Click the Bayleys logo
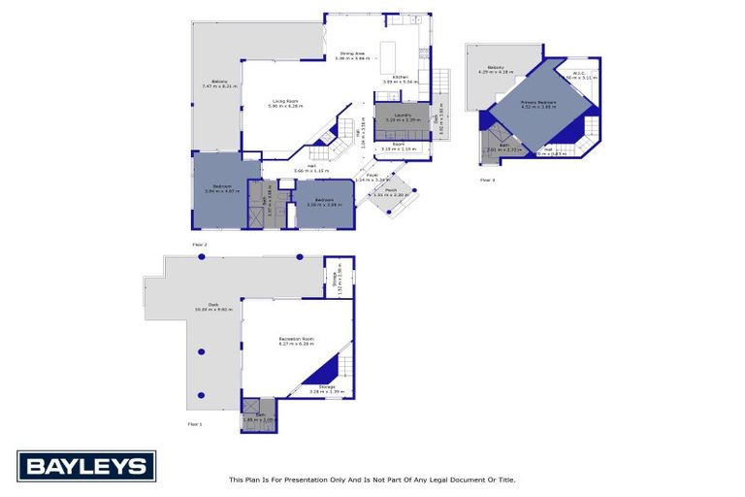point(86,467)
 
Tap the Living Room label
point(285,101)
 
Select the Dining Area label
point(351,53)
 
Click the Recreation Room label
point(298,339)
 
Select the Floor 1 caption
point(196,424)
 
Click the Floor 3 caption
point(487,181)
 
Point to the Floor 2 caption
point(200,244)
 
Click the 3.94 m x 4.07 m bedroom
point(220,190)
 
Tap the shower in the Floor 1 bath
point(248,408)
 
